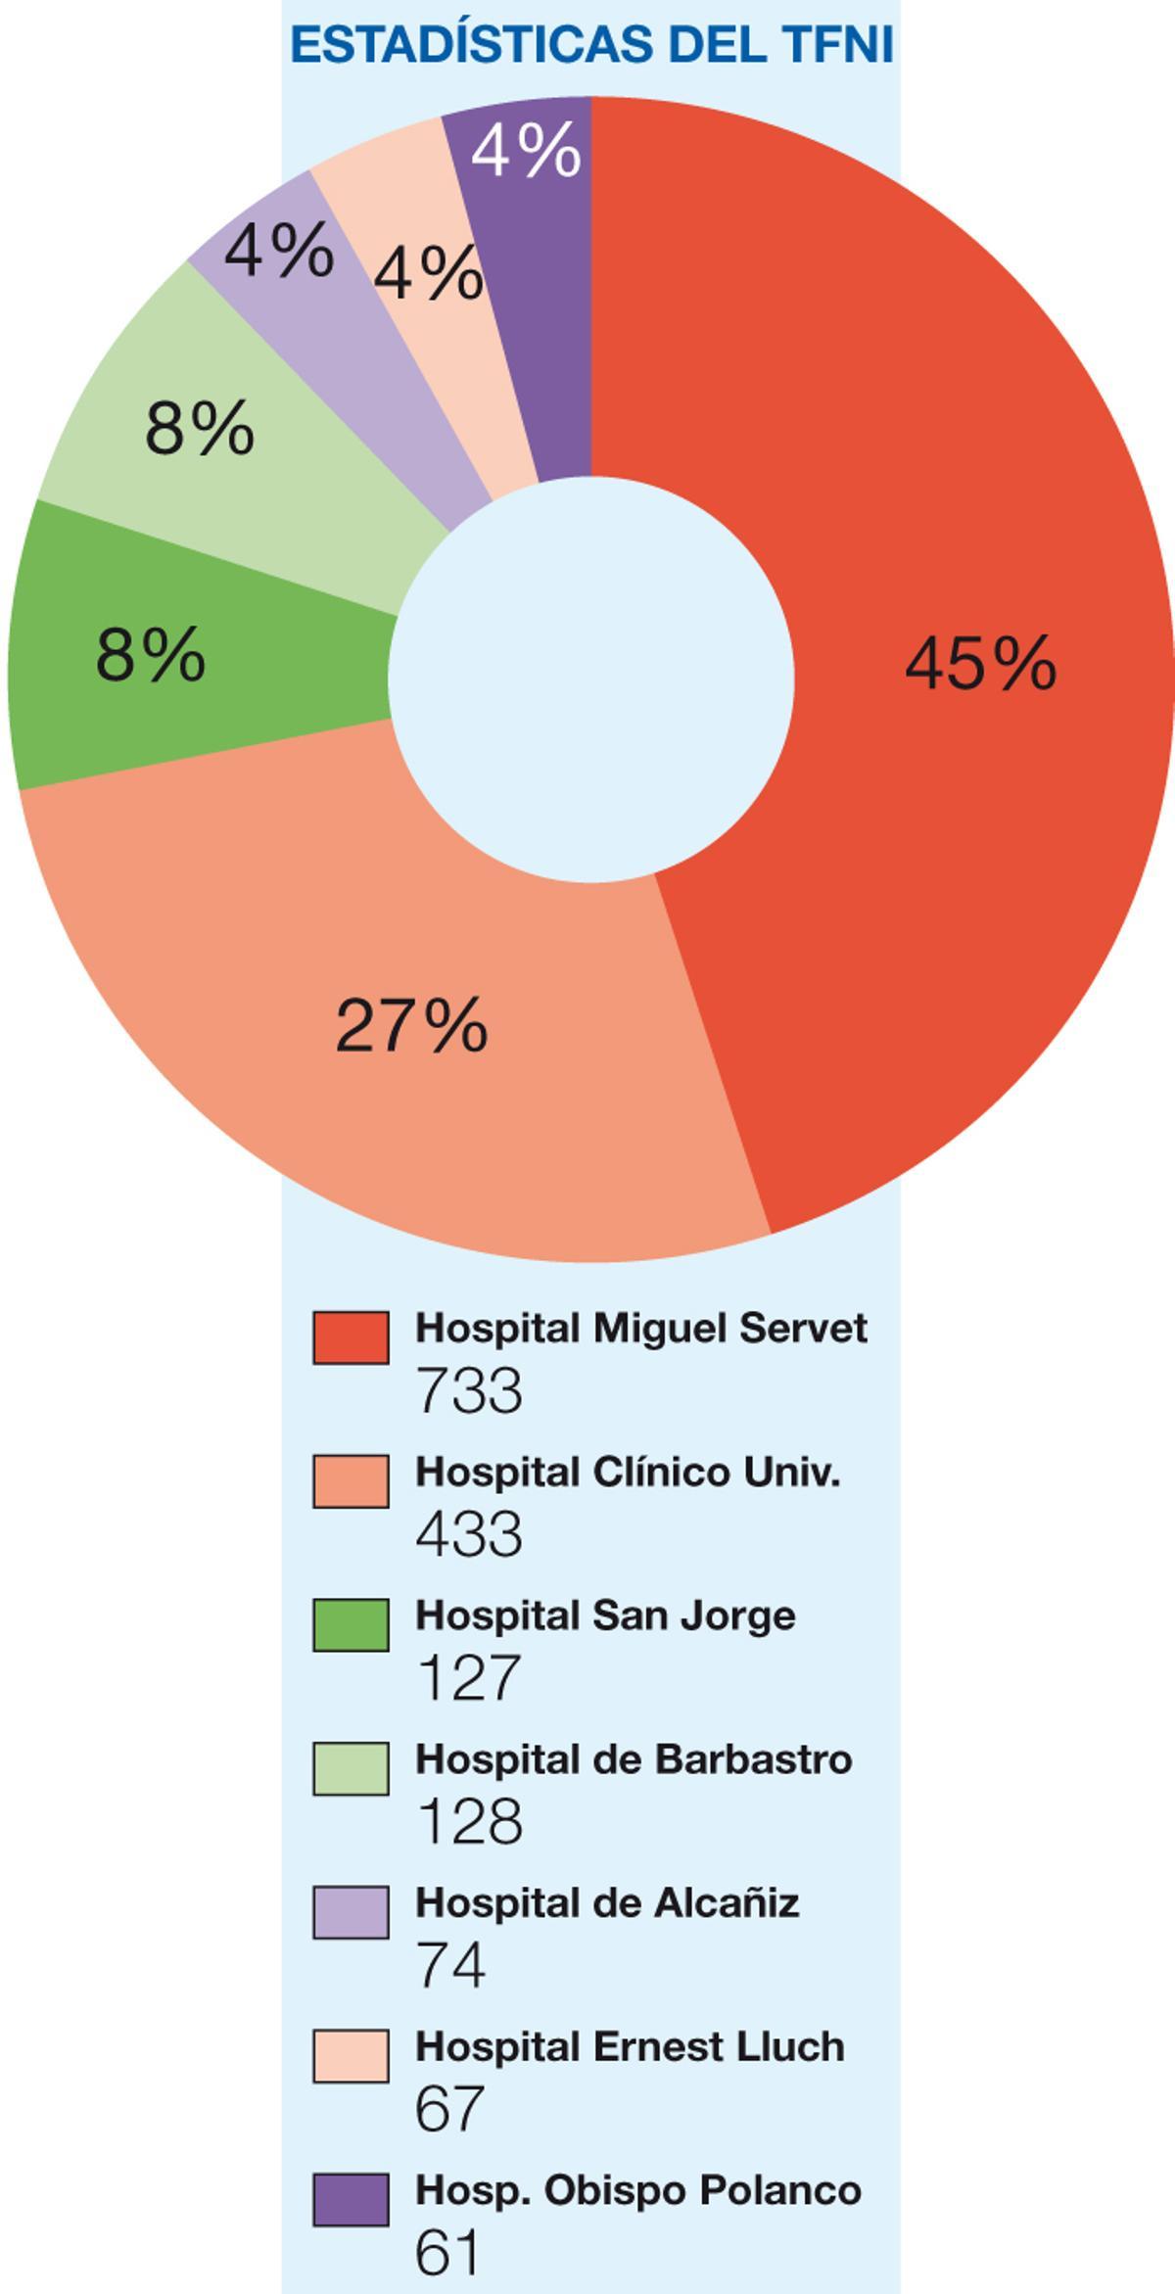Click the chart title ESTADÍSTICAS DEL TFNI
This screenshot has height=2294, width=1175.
coord(592,45)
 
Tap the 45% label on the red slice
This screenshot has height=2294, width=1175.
coord(980,665)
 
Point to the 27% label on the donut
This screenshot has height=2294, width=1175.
coord(411,1026)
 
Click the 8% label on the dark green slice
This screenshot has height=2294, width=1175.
coord(151,655)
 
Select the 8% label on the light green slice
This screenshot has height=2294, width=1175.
coord(200,429)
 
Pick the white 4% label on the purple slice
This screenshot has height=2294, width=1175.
coord(526,152)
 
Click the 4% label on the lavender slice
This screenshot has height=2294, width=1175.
coord(279,252)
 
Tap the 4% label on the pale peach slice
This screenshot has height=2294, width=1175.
coord(429,274)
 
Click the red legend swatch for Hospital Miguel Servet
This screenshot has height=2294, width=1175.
coord(351,1337)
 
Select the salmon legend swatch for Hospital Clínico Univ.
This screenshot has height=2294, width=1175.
coord(351,1481)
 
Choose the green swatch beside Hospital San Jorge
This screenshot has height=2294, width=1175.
coord(351,1625)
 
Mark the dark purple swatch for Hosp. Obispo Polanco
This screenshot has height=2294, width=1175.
coord(351,2200)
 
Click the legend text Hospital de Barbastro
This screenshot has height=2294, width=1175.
coord(634,1759)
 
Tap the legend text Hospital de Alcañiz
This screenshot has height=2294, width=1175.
coord(607,1902)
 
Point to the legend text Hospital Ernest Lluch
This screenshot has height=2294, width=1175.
coord(630,2046)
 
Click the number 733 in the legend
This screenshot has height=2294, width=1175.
coord(469,1390)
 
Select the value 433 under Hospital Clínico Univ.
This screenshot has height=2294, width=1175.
coord(469,1534)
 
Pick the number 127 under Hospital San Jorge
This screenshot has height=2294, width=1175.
coord(467,1678)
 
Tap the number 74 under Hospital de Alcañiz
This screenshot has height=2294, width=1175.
coord(450,1965)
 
